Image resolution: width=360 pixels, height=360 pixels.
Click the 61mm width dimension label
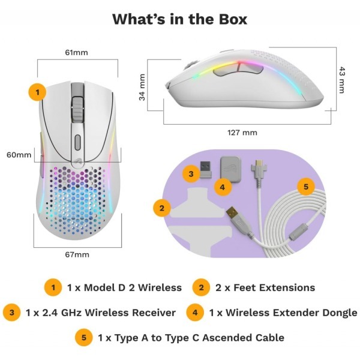(76, 53)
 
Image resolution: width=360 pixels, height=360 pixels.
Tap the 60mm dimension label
(19, 155)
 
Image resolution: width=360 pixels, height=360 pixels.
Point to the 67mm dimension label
(76, 254)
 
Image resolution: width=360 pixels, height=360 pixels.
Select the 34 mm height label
(143, 88)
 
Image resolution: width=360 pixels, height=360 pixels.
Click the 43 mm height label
(342, 79)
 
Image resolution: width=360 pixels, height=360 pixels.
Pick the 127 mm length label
(242, 132)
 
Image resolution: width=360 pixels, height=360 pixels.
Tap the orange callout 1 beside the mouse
(37, 92)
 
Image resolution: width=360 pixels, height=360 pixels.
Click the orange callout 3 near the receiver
(191, 175)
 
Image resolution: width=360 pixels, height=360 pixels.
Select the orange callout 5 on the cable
(305, 187)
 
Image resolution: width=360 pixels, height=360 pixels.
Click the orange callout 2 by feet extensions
(161, 208)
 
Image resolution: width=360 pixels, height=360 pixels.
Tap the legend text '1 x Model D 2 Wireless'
(124, 287)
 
